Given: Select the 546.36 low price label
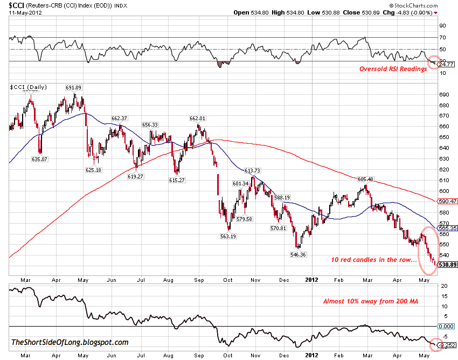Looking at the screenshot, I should point(298,254).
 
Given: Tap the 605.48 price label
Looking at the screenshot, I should point(365,179).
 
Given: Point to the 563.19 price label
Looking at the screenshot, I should point(228,236).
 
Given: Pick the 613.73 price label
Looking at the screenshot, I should point(253,171).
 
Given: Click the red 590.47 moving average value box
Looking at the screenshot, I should point(447,201).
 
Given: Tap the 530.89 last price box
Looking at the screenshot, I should point(446,265).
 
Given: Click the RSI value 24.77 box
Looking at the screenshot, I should point(446,64).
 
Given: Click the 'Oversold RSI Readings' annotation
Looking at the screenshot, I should point(393,69).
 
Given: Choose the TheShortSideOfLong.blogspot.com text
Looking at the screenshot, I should point(70,342).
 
